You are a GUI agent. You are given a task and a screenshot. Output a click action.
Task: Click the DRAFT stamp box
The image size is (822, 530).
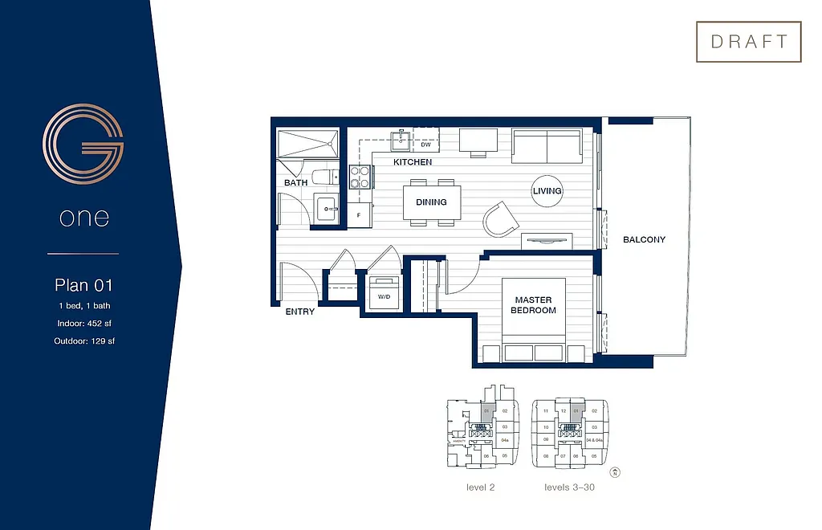(x=748, y=43)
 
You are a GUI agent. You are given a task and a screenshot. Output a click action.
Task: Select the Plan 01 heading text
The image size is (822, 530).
(x=83, y=284)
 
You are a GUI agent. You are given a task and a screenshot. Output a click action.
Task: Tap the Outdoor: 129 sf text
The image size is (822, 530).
(x=83, y=341)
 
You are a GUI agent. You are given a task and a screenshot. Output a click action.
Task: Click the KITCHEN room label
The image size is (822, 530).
(x=413, y=162)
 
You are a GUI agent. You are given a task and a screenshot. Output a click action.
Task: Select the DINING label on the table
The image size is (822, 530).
(x=431, y=202)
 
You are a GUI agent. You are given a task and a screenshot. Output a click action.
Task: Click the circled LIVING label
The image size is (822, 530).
(x=547, y=191)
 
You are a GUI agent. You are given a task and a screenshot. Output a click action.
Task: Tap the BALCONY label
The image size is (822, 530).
(x=644, y=239)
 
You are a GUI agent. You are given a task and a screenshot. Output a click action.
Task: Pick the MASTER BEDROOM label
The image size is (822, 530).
(x=534, y=305)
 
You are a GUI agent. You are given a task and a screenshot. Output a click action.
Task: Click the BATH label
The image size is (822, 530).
(x=295, y=183)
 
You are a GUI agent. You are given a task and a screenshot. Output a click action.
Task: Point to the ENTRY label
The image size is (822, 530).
(x=300, y=312)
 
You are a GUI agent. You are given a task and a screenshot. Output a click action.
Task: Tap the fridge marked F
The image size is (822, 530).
(x=359, y=214)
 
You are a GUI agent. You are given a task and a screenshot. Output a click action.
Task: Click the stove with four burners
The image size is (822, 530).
(x=360, y=176)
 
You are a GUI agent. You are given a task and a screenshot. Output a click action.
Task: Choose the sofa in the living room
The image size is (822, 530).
(x=547, y=145)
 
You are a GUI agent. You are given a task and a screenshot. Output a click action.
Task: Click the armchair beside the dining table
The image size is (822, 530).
(x=502, y=218)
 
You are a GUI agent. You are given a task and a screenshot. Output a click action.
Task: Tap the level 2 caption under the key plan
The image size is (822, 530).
(x=481, y=487)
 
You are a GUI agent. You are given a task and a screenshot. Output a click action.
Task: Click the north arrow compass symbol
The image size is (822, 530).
(x=615, y=472)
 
